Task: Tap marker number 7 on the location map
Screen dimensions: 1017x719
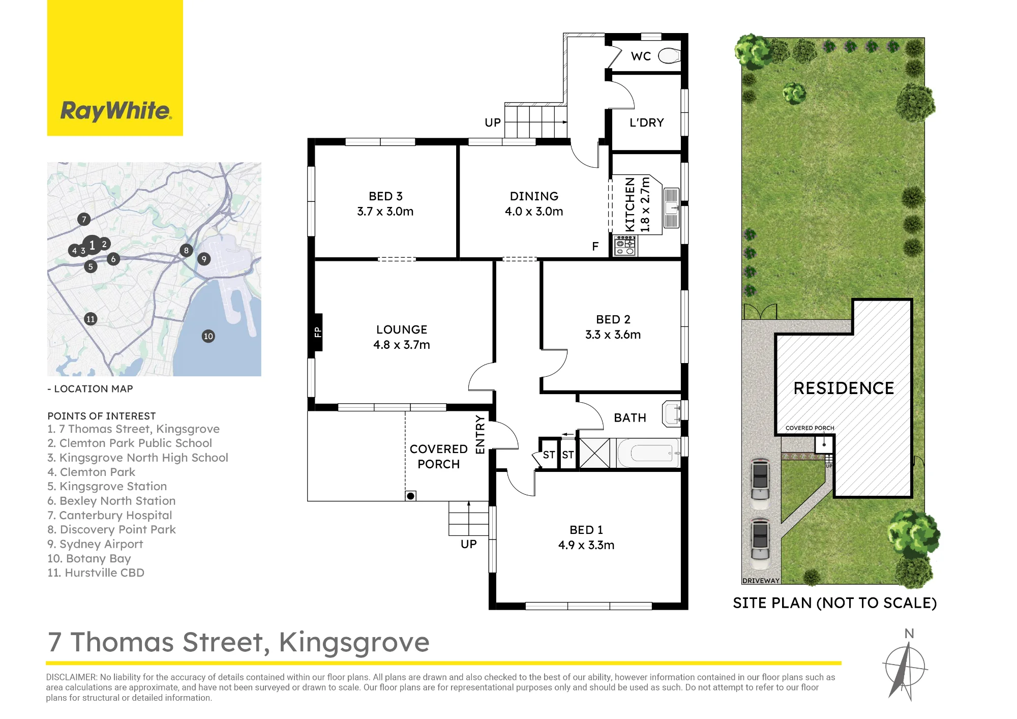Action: coord(84,219)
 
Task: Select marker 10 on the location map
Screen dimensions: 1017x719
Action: coord(208,336)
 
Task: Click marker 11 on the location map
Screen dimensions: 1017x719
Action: coord(91,319)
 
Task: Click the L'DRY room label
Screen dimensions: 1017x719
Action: coord(647,123)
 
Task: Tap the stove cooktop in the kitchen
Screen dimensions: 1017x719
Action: coord(625,246)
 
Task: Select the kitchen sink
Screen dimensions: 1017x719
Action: coord(671,207)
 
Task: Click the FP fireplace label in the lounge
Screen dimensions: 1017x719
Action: coord(318,332)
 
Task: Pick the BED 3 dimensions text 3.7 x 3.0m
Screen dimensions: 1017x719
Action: coord(385,212)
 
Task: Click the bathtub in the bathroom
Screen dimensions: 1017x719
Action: coord(648,453)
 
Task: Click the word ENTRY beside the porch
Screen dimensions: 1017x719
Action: coord(480,434)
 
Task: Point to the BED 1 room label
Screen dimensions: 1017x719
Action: coord(586,530)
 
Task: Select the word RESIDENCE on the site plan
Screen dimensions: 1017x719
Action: coord(844,388)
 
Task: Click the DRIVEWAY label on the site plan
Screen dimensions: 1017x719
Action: coord(761,581)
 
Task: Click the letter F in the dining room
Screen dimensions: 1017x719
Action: coord(595,247)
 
